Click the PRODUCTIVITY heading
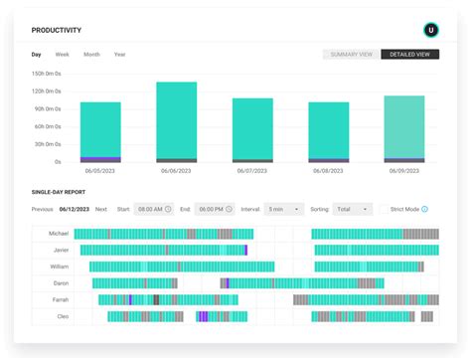57,31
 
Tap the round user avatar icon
430,30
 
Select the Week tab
63,54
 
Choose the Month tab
91,54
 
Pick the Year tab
119,54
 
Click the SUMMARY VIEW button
351,54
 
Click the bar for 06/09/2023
404,128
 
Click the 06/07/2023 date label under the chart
252,171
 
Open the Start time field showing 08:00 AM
154,209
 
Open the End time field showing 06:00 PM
214,209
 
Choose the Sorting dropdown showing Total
353,209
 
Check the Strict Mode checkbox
384,209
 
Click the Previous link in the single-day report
43,209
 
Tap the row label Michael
59,233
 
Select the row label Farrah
60,299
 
